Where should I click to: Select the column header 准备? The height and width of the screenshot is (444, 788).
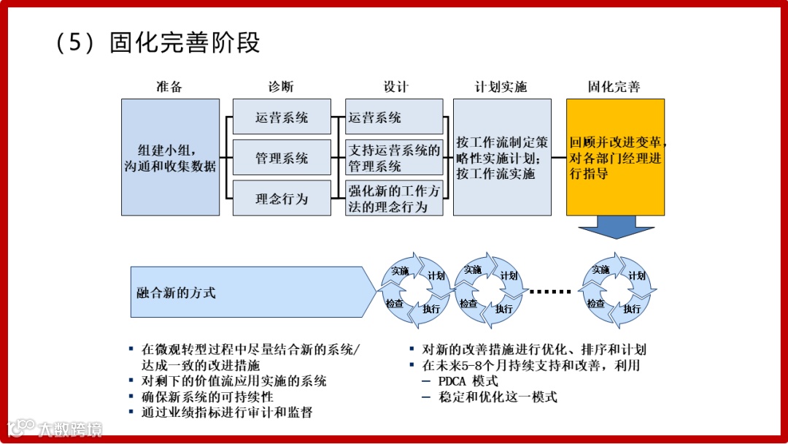[x=169, y=87]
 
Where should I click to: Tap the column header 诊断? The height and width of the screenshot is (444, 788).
[x=281, y=87]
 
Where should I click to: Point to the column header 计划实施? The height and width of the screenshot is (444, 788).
[x=501, y=87]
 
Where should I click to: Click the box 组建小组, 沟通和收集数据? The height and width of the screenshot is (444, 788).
[x=170, y=158]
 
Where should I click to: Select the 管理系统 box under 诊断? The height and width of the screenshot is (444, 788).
[x=282, y=158]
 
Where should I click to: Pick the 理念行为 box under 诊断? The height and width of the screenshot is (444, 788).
[x=282, y=199]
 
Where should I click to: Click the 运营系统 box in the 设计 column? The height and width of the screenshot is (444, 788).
[x=394, y=117]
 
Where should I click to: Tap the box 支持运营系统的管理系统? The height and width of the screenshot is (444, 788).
[x=394, y=158]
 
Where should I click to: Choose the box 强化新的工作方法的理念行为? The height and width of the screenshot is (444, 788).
[x=394, y=199]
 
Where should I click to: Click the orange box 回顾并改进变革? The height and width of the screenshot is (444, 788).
[x=615, y=158]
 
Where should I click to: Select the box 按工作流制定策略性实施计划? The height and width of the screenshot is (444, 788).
[x=502, y=158]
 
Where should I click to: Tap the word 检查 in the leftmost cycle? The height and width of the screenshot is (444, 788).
[x=395, y=303]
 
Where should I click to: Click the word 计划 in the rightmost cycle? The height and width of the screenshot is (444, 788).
[x=637, y=276]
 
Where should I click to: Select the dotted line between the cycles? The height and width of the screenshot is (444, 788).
[x=550, y=291]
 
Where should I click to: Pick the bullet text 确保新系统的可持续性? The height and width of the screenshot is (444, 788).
[x=207, y=397]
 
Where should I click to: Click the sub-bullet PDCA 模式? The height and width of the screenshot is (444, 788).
[x=468, y=381]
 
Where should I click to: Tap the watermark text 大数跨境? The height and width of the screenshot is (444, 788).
[x=71, y=428]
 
